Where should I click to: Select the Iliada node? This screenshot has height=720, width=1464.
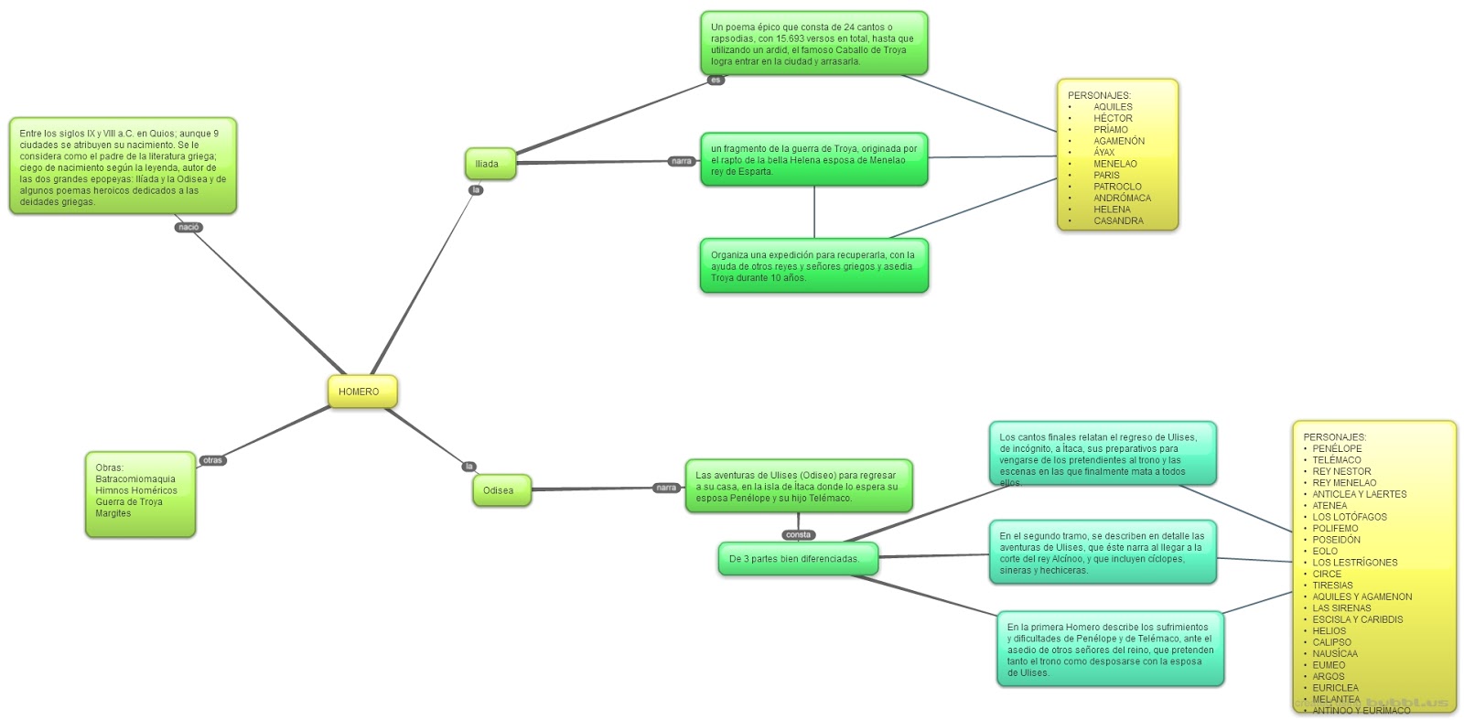tap(490, 164)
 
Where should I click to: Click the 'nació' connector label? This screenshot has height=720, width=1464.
tap(188, 227)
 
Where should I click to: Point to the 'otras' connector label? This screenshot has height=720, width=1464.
tap(212, 460)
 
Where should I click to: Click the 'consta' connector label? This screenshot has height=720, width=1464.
tap(798, 534)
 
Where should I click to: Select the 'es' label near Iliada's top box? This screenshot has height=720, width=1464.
tap(716, 81)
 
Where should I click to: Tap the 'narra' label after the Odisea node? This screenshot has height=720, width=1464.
tap(666, 488)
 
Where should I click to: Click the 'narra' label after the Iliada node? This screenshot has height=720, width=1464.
tap(682, 161)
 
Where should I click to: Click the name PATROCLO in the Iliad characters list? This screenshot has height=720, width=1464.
tap(1117, 187)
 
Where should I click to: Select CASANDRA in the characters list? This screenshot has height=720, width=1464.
tap(1118, 220)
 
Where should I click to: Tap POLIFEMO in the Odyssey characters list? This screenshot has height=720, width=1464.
tap(1335, 528)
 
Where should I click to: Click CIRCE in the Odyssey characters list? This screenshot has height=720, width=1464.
tap(1327, 574)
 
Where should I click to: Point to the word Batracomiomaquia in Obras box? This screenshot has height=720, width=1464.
tap(135, 479)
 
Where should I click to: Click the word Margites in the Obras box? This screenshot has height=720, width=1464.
tap(113, 513)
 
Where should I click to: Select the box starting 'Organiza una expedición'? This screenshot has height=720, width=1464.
tap(813, 266)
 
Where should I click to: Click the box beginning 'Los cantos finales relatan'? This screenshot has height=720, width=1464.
tap(1102, 455)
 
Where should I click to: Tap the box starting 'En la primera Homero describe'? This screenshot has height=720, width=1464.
tap(1110, 650)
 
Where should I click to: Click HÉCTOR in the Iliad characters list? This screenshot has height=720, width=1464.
tap(1113, 118)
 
